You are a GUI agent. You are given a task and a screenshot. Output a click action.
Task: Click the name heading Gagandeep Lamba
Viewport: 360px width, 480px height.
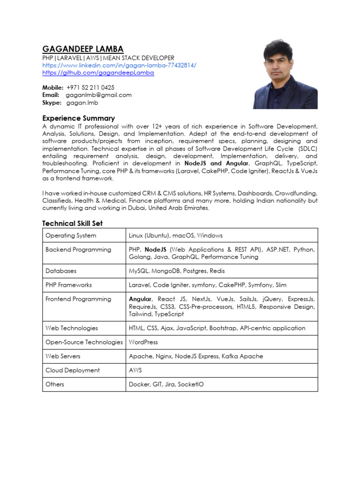[x=83, y=49]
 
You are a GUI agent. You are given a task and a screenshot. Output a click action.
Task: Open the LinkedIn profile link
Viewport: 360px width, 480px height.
[x=120, y=65]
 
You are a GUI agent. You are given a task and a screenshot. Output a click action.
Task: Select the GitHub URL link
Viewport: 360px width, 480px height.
[x=98, y=73]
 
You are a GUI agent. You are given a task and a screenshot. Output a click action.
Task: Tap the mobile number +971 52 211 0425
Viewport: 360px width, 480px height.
[x=90, y=88]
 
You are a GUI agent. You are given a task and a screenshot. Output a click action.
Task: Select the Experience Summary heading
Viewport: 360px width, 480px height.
[x=79, y=118]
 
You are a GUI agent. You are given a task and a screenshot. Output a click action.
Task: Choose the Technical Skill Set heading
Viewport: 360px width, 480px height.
[x=73, y=224]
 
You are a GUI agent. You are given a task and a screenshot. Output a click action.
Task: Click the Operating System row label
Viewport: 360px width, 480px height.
[x=71, y=235]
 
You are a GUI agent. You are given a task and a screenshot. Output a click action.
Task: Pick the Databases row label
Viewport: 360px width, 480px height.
[x=61, y=271]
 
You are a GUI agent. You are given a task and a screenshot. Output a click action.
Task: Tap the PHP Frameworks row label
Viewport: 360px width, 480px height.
[x=68, y=285]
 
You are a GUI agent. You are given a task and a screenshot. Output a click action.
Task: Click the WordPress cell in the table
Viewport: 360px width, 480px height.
[x=143, y=342]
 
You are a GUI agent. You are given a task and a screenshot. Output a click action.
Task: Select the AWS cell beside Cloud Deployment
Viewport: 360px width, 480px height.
[x=135, y=370]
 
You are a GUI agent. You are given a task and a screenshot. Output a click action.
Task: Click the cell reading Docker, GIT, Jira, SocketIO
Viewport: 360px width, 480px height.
[x=166, y=384]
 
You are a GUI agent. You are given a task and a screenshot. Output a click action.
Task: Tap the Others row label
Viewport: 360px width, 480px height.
[x=55, y=384]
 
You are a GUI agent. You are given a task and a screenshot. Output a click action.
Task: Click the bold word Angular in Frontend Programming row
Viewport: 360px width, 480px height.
[x=140, y=299]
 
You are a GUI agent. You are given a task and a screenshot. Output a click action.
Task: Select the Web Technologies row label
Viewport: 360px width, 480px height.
[x=72, y=328]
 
